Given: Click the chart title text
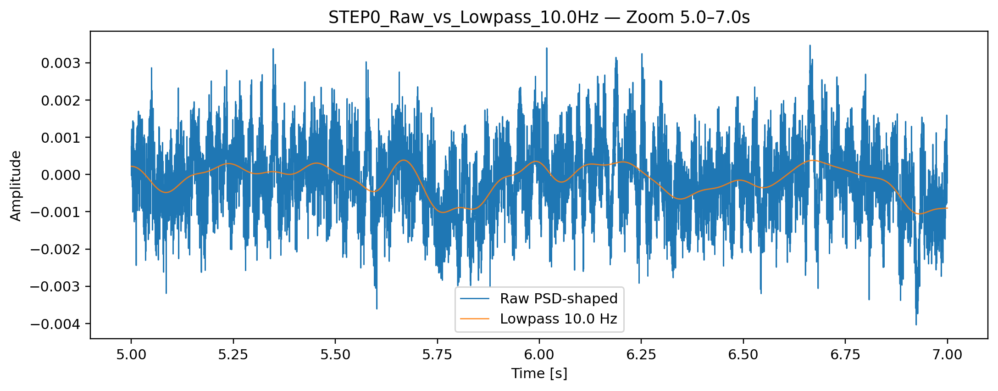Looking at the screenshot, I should tap(539, 17).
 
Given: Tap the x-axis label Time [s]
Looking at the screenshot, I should tap(539, 374).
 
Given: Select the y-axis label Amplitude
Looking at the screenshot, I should tap(16, 186).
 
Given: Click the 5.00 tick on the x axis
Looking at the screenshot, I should tap(131, 355).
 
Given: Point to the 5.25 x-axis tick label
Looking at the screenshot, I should tap(233, 355).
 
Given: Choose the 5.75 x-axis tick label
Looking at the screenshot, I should tap(437, 355).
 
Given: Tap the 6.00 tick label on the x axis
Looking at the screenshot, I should tap(539, 355).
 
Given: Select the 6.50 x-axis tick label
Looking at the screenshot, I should tap(743, 355).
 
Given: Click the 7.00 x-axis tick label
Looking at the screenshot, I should tap(947, 355).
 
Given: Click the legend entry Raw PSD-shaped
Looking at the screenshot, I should tap(559, 299).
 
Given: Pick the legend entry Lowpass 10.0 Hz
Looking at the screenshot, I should tap(559, 319).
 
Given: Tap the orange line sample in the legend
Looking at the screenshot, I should tap(475, 318).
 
